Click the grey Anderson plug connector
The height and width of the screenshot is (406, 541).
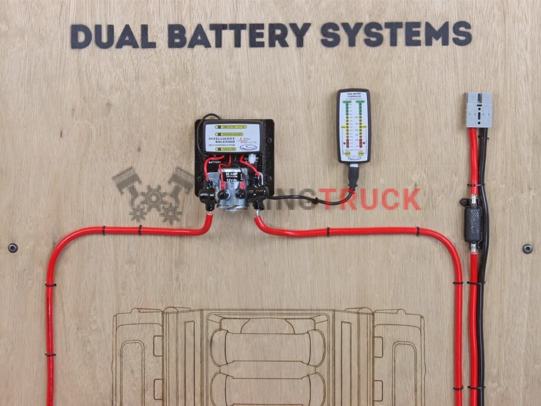pyautogui.click(x=479, y=110)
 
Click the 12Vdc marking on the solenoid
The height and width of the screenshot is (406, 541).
pyautogui.click(x=231, y=179)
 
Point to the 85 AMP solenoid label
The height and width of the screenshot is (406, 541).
pyautogui.click(x=231, y=173)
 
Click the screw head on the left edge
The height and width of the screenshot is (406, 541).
pyautogui.click(x=13, y=247)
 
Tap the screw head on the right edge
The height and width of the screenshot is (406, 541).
pyautogui.click(x=527, y=248)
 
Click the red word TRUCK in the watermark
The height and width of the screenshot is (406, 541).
pyautogui.click(x=369, y=199)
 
